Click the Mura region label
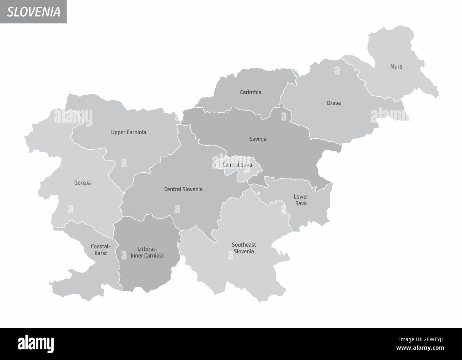396,66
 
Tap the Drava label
334,103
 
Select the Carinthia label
251,92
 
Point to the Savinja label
258,139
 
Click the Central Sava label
237,165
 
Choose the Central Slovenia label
183,189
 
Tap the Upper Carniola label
129,132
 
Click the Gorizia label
82,183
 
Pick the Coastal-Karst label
101,250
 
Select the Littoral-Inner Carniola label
147,252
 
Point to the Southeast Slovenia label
244,248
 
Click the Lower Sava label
301,200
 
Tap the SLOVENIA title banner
33,12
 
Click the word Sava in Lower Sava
301,204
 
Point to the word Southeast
244,245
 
